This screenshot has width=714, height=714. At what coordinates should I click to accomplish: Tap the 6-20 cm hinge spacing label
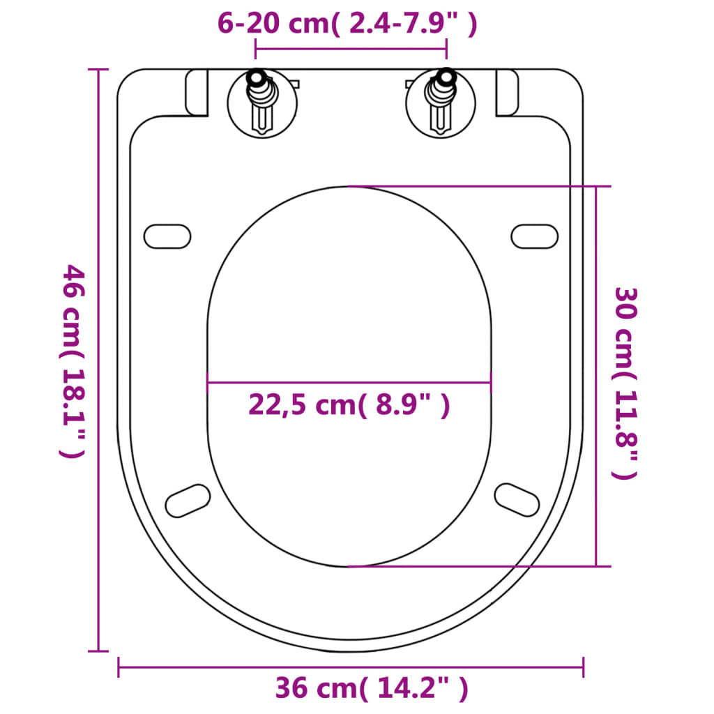[x=347, y=24]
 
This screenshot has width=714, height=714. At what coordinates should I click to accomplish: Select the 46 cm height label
[x=73, y=360]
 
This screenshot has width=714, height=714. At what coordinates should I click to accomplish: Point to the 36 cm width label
[x=371, y=689]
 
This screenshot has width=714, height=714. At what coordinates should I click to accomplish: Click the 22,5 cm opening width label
[x=349, y=404]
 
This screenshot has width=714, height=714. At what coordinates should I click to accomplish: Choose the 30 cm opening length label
[x=625, y=383]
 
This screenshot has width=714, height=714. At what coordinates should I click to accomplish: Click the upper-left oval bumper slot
[x=167, y=236]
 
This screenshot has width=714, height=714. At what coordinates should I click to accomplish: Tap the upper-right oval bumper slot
[x=535, y=236]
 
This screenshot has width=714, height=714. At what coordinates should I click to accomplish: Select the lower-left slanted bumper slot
[x=188, y=501]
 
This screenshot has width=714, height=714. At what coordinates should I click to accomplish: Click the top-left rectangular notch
[x=197, y=93]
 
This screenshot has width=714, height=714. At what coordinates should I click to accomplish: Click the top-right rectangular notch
[x=507, y=93]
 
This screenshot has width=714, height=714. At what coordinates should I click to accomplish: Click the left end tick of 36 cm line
[x=119, y=667]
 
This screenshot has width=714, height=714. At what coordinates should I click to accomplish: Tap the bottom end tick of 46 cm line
[x=98, y=651]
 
